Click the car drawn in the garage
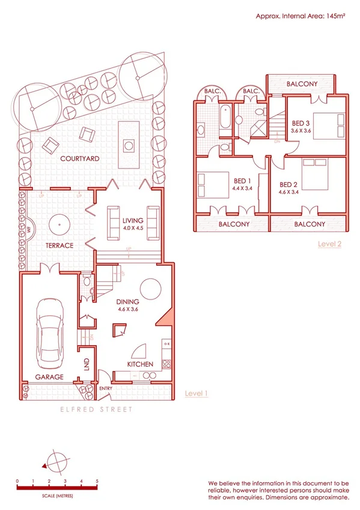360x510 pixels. coord(49,334)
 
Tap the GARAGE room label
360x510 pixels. coord(49,376)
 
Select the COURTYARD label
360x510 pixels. coord(79,159)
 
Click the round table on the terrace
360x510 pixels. coord(59,223)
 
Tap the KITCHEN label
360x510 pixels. coord(140,364)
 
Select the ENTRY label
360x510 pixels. coord(106,388)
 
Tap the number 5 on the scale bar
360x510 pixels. coord(97,481)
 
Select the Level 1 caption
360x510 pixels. coord(197,394)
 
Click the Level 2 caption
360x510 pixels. coord(330,244)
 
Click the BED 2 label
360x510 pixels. coord(288,185)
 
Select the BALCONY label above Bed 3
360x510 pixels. coord(302,84)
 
